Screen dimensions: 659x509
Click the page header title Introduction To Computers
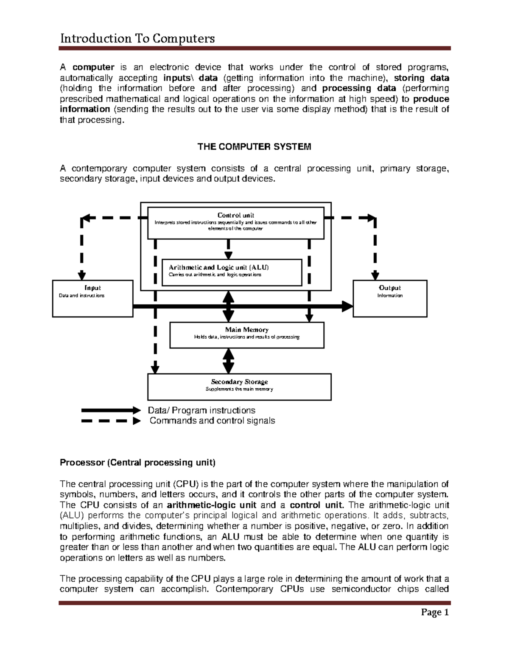(137, 39)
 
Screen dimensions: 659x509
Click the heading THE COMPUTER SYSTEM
(255, 147)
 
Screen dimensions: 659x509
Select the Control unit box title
(236, 215)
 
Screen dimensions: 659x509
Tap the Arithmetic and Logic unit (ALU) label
(219, 267)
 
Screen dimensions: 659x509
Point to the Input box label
(92, 288)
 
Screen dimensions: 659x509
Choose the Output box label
(390, 288)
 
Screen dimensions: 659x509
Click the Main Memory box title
(247, 330)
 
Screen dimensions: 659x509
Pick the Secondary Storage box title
(239, 382)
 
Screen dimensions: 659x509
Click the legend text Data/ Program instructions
(201, 410)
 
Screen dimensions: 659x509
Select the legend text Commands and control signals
(212, 421)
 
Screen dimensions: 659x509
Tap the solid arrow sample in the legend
(110, 410)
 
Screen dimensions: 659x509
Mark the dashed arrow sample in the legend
(110, 421)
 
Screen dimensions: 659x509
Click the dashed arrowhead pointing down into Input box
(82, 275)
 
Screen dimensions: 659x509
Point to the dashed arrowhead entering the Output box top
(375, 275)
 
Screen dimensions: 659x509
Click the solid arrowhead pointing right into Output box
(347, 306)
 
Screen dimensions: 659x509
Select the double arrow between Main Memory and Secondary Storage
(229, 361)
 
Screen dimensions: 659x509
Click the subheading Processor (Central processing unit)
(137, 463)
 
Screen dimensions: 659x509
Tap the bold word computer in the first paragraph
(93, 67)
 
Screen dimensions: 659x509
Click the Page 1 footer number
(435, 612)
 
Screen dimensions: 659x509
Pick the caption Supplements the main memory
(239, 389)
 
